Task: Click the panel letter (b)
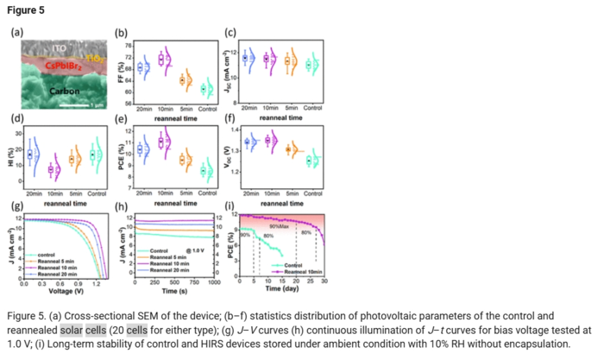(x=122, y=34)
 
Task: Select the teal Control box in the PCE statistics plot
(x=204, y=170)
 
